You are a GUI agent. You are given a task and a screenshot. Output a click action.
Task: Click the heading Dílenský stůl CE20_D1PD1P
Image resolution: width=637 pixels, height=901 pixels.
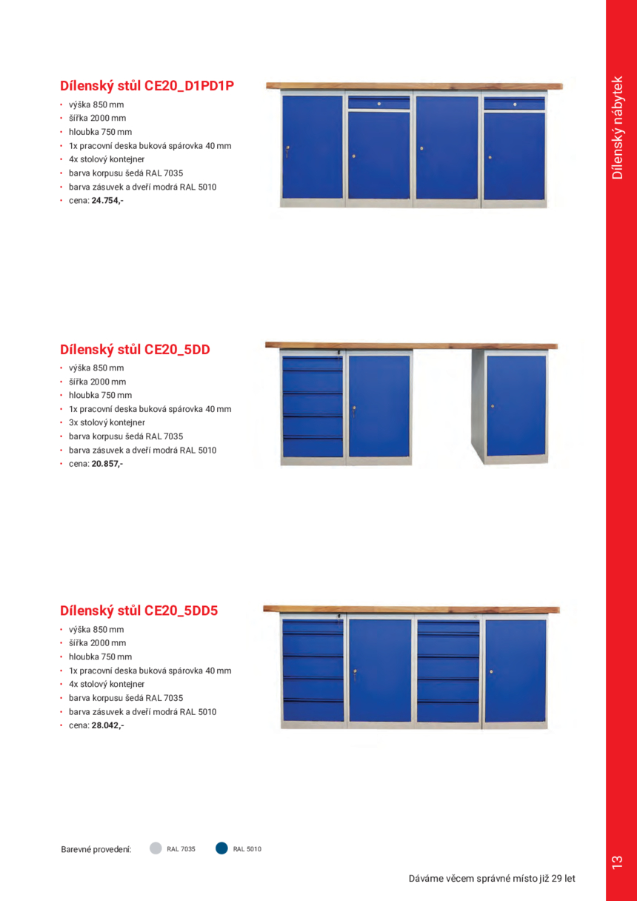147,85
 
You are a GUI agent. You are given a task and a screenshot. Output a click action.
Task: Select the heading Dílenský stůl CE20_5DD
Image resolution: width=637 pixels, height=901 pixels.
135,349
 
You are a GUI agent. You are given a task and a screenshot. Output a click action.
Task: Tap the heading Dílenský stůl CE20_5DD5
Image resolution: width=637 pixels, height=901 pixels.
139,611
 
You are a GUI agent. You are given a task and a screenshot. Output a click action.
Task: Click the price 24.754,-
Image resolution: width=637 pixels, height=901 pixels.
107,201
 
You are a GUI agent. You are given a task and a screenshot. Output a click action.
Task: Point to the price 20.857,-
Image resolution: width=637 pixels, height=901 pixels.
107,464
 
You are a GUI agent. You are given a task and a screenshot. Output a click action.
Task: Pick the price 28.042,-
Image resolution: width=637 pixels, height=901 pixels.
107,725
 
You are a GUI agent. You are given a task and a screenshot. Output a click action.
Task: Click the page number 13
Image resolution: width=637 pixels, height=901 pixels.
617,862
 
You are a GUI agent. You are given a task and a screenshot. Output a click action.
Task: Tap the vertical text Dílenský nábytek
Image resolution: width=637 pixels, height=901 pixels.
618,127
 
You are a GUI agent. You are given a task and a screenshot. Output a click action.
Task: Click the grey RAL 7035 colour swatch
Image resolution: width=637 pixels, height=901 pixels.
156,848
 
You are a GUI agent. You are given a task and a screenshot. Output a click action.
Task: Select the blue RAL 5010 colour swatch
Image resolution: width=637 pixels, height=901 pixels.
221,848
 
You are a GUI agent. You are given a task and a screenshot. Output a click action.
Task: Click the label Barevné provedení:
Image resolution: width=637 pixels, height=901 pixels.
96,849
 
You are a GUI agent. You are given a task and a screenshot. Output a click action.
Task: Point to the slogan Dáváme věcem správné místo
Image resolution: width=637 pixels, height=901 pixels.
492,879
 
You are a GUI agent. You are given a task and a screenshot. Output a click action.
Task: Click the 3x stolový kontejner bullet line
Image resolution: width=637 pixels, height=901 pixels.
107,422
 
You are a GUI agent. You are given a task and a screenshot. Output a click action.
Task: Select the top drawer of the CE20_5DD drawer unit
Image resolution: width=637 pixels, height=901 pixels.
312,362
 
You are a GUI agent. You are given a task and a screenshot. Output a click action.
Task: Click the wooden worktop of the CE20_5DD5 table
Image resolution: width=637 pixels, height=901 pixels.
411,609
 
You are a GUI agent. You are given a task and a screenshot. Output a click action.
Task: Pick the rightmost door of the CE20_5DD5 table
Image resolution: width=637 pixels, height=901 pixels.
515,670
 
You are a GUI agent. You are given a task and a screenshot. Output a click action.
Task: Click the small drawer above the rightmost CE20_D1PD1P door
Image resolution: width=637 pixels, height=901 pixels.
514,103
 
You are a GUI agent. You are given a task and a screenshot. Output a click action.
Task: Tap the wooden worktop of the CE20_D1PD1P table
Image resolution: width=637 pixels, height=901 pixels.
411,86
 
